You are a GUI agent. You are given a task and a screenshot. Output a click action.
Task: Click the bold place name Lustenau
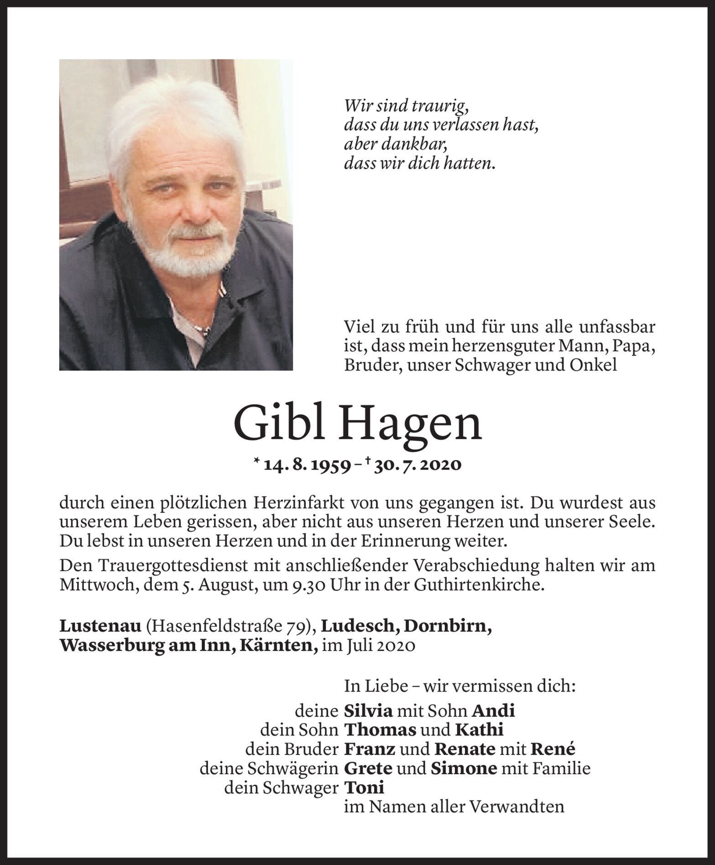[x=100, y=626]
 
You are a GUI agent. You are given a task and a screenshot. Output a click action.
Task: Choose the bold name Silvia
[x=368, y=710]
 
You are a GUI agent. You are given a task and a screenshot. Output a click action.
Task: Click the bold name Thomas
[x=380, y=730]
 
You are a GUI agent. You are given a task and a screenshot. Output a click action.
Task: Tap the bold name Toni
[x=364, y=787]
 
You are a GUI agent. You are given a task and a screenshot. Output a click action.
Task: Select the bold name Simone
[x=463, y=768]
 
